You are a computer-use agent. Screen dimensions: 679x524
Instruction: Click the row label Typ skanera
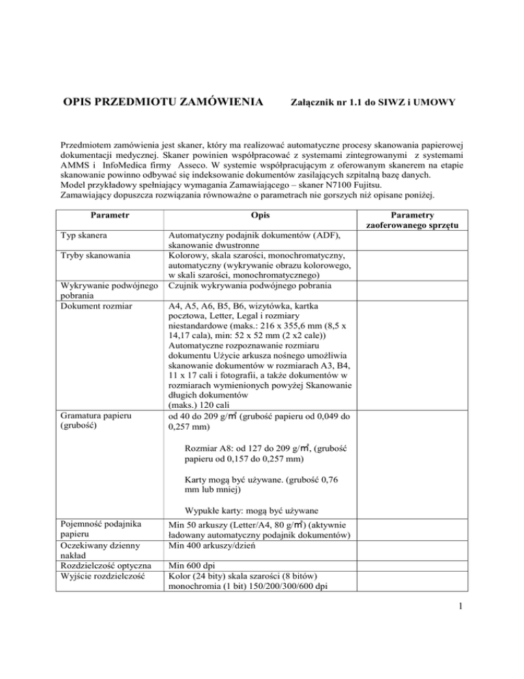pyautogui.click(x=87, y=236)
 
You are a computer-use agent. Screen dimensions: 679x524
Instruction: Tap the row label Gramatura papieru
pyautogui.click(x=100, y=415)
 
